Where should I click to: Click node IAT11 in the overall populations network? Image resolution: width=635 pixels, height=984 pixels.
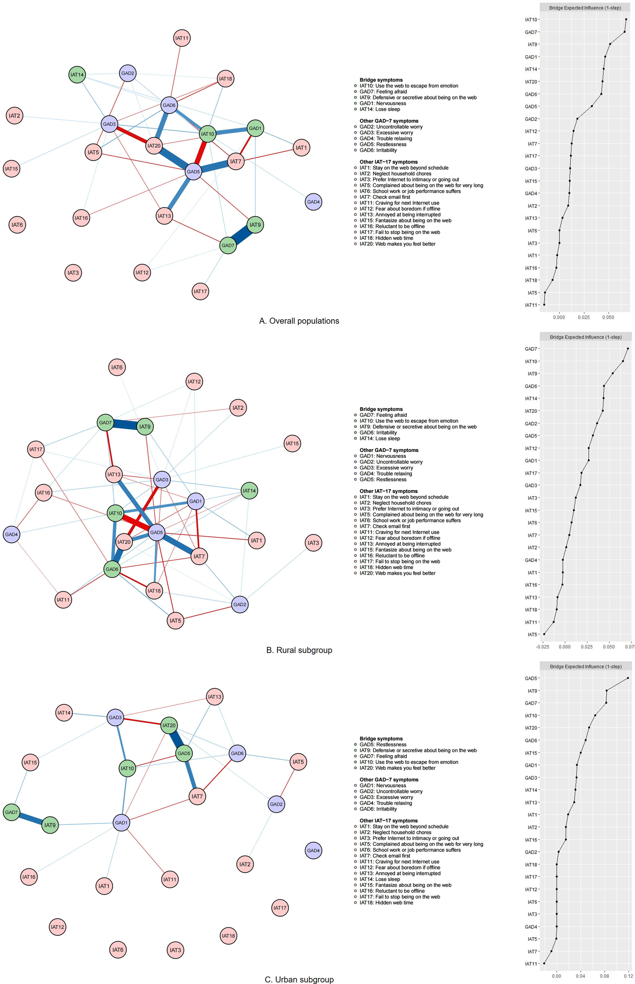point(182,38)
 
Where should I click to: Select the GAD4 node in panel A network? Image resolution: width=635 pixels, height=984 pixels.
point(314,202)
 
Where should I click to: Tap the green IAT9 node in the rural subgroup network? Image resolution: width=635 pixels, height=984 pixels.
point(145,426)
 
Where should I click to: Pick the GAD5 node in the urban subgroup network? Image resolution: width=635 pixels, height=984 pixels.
point(183,753)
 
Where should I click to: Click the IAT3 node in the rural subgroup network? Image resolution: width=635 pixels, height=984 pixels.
point(314,543)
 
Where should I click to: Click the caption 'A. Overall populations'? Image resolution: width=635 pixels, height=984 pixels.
point(299,321)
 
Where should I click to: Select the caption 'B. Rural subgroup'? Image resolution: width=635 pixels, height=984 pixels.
point(299,650)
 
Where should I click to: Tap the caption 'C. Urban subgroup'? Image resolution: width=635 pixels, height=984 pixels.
point(299,979)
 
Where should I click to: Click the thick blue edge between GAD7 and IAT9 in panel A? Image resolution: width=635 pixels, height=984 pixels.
point(242,235)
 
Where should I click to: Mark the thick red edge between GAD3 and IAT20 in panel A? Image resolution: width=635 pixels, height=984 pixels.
point(131,135)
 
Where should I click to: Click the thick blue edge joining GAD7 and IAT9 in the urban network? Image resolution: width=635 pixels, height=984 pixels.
point(31,819)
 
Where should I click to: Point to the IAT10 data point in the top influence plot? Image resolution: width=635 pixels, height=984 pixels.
point(626,19)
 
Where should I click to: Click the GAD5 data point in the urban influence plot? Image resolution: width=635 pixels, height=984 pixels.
point(628,678)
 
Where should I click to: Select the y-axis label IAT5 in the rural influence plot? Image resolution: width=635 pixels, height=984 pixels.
point(532,634)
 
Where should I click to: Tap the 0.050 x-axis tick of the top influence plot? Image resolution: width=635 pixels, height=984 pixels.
point(608,318)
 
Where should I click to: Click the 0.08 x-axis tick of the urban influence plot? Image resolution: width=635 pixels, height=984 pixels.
point(604,976)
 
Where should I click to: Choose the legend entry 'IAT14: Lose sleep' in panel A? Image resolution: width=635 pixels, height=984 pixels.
point(379,109)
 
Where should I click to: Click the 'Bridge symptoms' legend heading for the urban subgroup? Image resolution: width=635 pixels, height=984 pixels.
point(381,739)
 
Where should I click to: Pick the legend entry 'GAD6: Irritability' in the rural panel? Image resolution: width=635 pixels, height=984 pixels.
point(378,433)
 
